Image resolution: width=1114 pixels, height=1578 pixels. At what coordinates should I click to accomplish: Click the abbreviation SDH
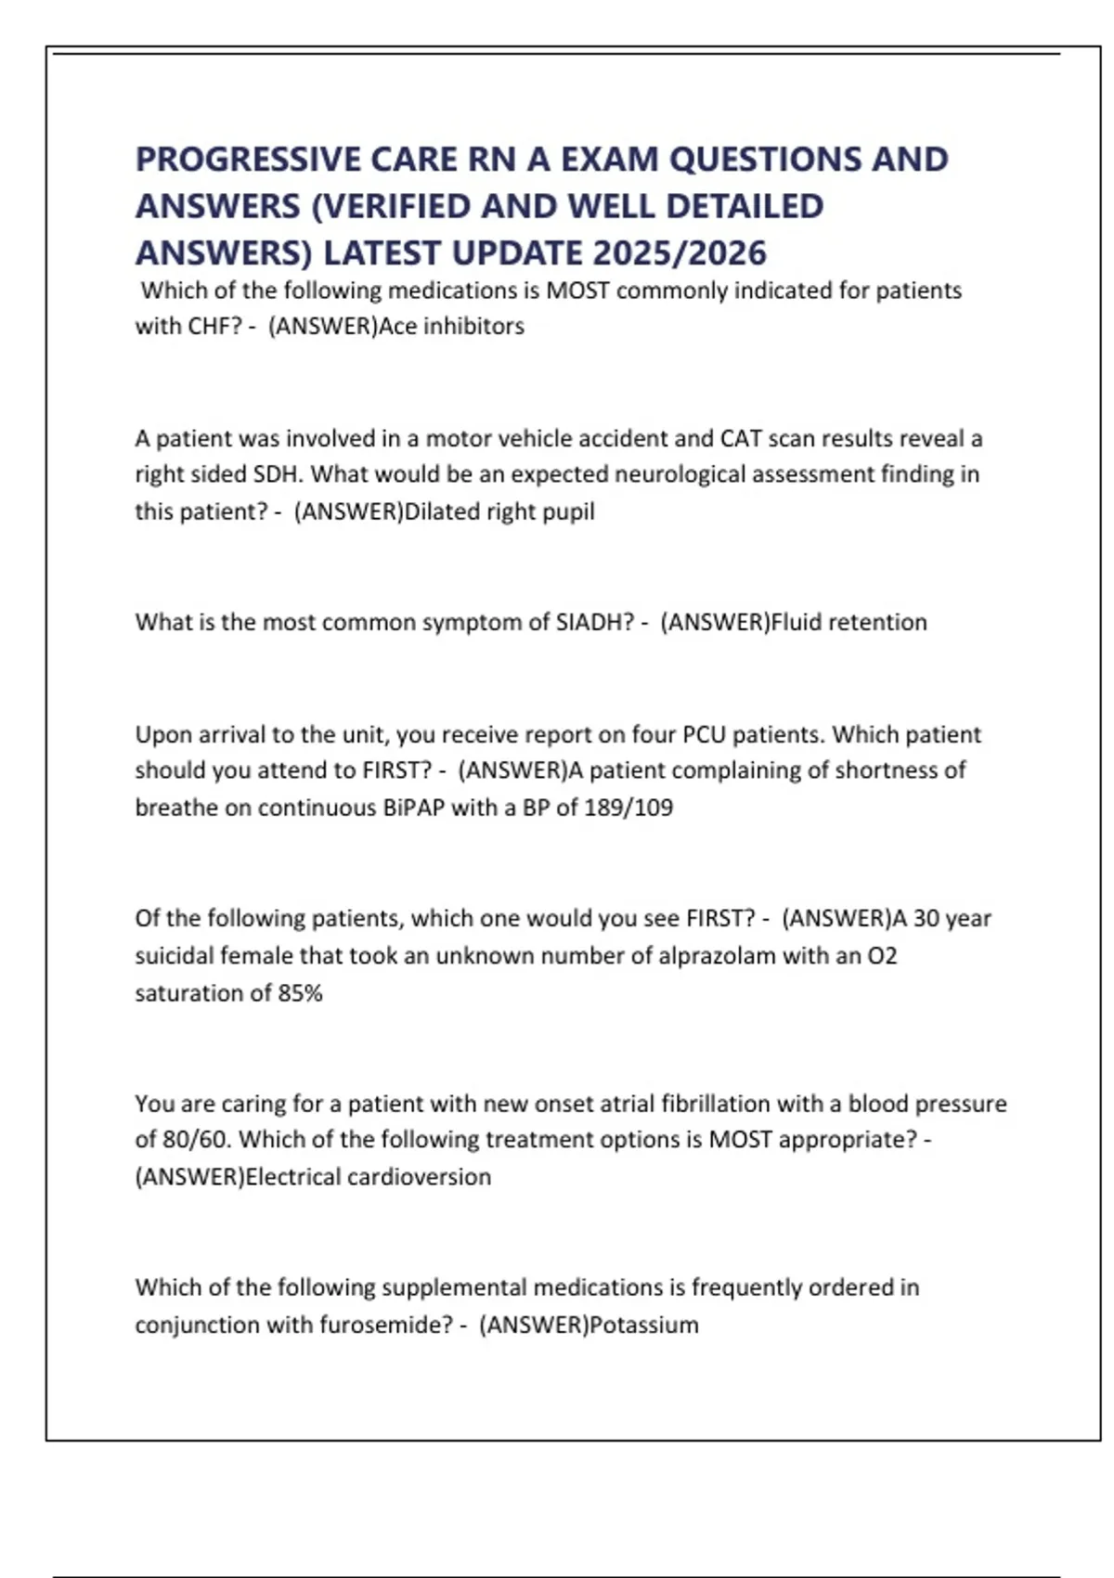(277, 474)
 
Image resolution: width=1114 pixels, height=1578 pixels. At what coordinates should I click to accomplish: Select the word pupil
(569, 511)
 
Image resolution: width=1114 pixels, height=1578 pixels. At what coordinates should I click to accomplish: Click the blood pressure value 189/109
(628, 808)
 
